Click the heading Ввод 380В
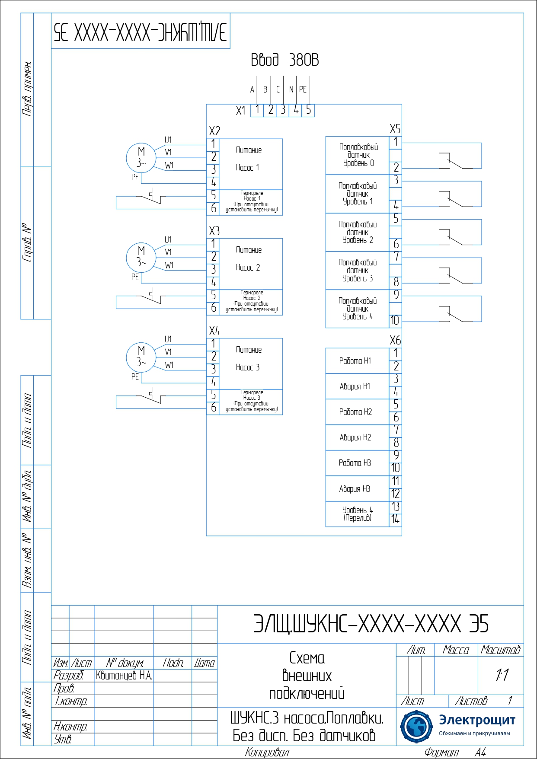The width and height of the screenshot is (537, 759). click(x=284, y=60)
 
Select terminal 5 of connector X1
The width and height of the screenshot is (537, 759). click(x=308, y=110)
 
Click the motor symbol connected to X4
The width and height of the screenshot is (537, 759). click(x=141, y=357)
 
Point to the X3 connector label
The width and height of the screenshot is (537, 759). click(x=214, y=231)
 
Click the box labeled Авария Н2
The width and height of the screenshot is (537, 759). click(x=357, y=437)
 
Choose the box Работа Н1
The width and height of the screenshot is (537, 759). click(x=357, y=361)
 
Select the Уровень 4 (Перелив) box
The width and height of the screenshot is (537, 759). click(x=357, y=514)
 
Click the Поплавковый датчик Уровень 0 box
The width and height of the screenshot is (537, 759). click(x=358, y=155)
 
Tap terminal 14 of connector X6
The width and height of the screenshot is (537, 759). click(x=395, y=520)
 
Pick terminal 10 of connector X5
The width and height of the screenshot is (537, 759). click(x=395, y=321)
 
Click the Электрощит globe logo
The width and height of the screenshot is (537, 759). click(x=416, y=727)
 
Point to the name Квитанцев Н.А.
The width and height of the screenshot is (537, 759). click(x=124, y=676)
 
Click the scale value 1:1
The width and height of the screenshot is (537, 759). click(x=502, y=675)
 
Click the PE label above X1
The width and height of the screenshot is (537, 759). click(x=303, y=89)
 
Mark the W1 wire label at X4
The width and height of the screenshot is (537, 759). click(x=169, y=365)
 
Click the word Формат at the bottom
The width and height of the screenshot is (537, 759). click(x=441, y=753)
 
